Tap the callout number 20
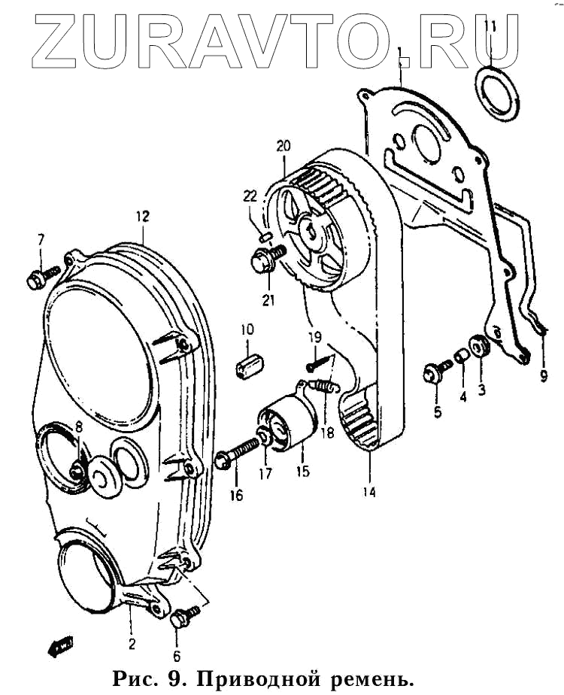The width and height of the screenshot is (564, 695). pos(282,145)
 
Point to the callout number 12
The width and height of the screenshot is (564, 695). pos(143,217)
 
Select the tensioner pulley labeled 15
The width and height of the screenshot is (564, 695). pos(285,426)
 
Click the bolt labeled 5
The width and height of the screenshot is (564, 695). pos(435,371)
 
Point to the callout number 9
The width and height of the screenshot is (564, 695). pos(544,377)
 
